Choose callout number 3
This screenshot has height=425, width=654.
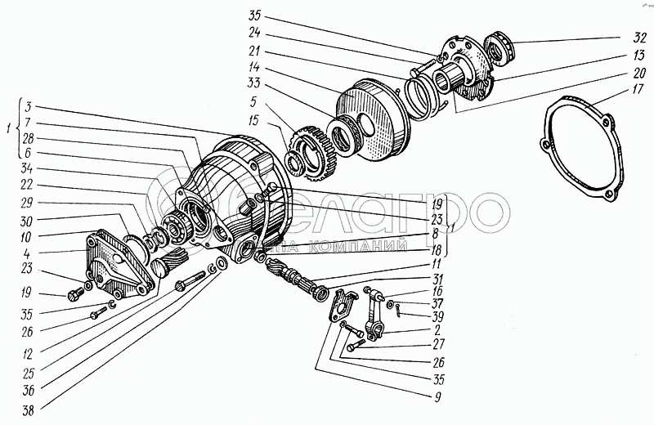28,106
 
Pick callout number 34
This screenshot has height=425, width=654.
28,169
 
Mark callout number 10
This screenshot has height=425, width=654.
28,236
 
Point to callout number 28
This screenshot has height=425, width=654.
28,138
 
